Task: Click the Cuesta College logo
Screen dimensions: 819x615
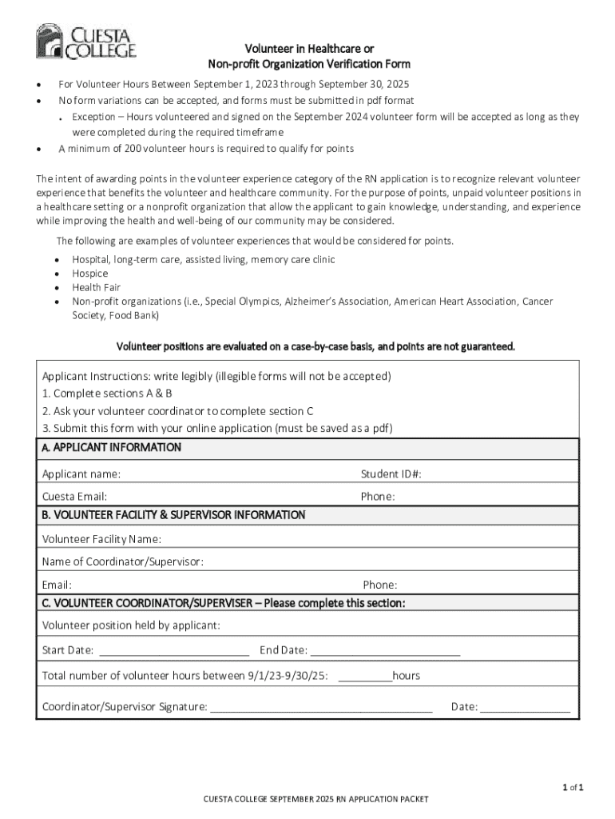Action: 85,42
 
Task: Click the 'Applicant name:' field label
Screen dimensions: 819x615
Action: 81,474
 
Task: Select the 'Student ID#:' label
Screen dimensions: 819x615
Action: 391,474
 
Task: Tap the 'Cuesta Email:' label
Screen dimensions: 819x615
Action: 74,497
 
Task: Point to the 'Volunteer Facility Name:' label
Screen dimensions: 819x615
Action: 101,539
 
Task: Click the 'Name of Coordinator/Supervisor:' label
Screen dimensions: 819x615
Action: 122,561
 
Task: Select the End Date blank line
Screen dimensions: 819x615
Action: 385,650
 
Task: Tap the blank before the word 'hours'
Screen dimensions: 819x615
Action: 365,677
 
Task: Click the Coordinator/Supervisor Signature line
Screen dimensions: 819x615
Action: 321,708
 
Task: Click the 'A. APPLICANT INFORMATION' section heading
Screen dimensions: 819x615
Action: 111,448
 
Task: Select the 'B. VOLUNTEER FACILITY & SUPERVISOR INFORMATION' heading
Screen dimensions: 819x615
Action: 173,515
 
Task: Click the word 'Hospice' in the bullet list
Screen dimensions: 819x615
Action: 90,274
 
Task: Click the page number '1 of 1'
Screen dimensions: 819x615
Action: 572,788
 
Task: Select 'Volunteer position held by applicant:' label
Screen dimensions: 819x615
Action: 131,625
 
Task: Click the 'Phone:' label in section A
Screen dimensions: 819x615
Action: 378,497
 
